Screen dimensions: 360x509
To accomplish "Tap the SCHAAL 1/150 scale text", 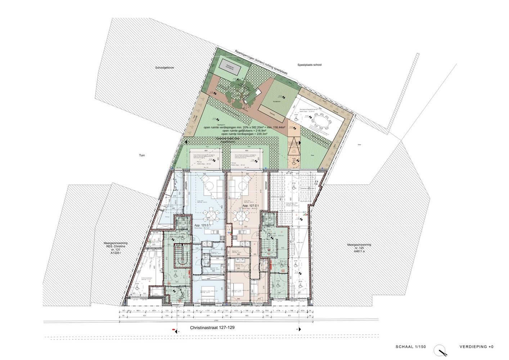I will point(410,347).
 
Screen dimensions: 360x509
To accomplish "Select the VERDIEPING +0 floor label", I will point(476,347).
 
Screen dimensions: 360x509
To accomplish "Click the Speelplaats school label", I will point(309,65).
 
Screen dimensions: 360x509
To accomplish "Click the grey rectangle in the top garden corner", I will point(229,66).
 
